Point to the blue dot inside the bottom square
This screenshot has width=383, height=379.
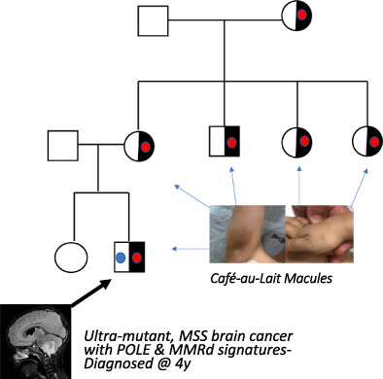coord(121,258)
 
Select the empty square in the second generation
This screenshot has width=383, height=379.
coord(64,147)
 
